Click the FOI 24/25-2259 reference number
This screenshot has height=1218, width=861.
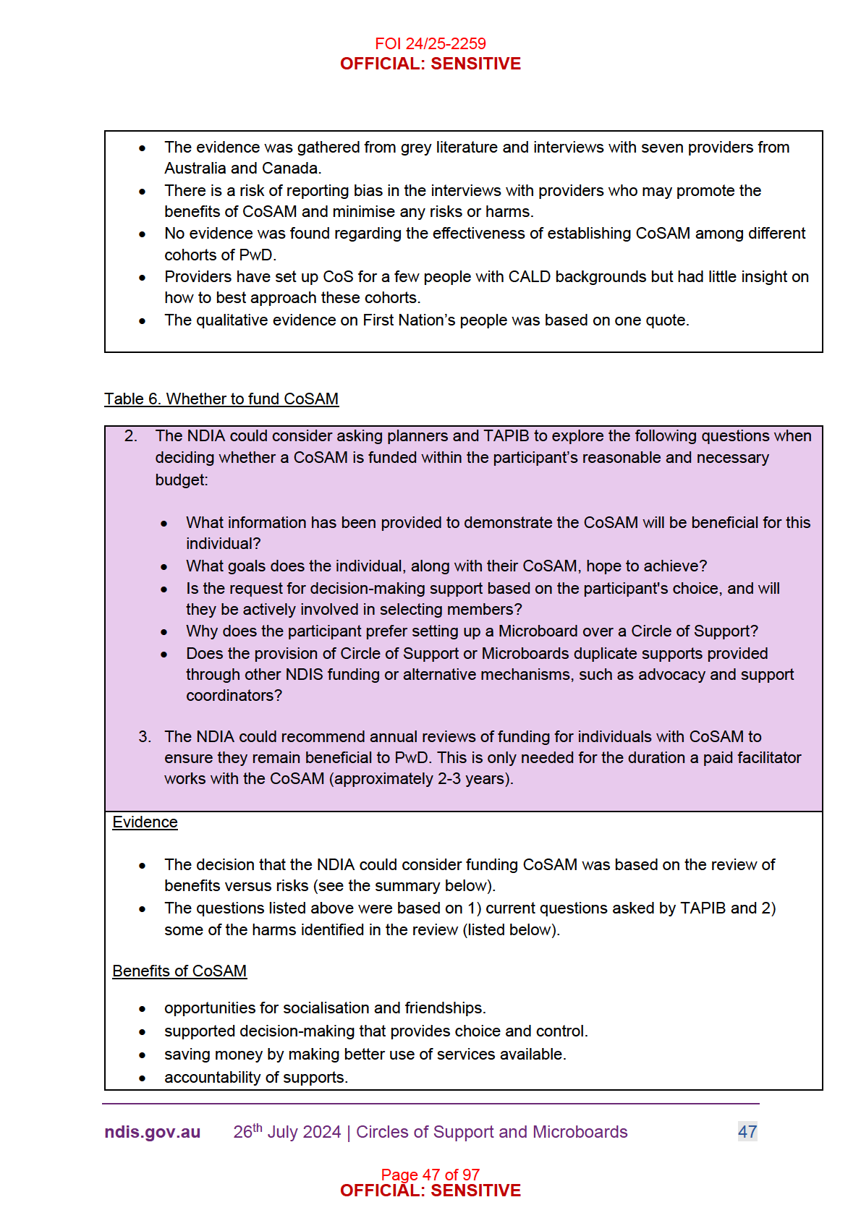pos(430,43)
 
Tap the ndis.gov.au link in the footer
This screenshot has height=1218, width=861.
pos(152,1132)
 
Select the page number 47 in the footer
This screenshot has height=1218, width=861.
pos(747,1132)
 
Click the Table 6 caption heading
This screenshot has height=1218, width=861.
pos(221,399)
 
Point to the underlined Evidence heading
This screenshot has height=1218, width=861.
pos(145,822)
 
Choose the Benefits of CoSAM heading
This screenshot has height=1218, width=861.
pos(179,971)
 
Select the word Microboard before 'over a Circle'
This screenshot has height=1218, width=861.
pos(543,631)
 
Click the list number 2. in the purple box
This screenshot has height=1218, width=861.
pos(131,436)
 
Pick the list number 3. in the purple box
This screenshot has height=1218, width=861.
pos(145,737)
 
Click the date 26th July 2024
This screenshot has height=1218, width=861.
pos(287,1132)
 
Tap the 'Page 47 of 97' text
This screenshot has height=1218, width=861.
pos(430,1175)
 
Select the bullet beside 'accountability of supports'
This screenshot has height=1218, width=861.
pos(143,1078)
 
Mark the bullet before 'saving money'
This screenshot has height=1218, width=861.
pos(143,1055)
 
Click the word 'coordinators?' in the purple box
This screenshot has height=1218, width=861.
pos(234,696)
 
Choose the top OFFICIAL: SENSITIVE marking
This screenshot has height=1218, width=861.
pos(430,64)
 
